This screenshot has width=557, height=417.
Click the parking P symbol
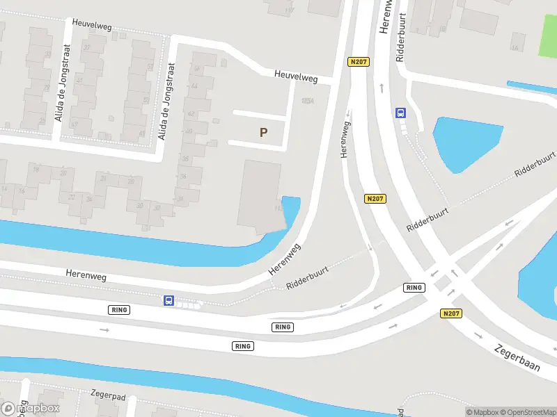pos(263,132)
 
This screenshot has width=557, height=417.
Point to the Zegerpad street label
pos(107,393)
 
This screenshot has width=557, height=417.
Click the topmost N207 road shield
pos(359,62)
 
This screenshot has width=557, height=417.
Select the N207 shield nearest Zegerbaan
pos(451,313)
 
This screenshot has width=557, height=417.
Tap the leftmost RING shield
pos(119,309)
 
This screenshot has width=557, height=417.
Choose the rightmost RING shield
pos(414,287)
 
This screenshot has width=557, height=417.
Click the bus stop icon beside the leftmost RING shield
pos(168,301)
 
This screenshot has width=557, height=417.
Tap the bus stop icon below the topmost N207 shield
pos(401,113)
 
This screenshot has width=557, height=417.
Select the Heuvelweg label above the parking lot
pos(295,76)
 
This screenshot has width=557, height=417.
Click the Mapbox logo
pos(31,409)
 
